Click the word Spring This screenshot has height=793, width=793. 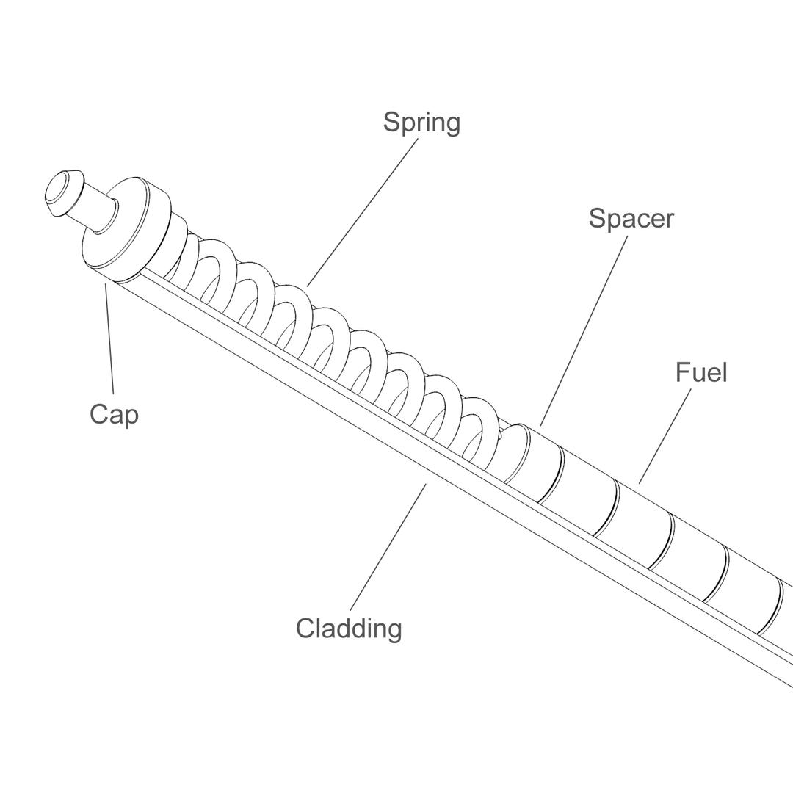pos(421,123)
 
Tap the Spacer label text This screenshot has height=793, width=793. pos(631,218)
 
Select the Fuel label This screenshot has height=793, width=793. pos(701,372)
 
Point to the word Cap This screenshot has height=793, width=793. pos(114,414)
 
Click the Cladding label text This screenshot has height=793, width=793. pos(349,629)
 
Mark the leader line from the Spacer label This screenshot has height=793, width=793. pos(584,330)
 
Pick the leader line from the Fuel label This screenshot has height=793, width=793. pos(665,436)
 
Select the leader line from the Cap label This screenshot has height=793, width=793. pos(109,338)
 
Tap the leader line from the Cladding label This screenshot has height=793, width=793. pos(388,546)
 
